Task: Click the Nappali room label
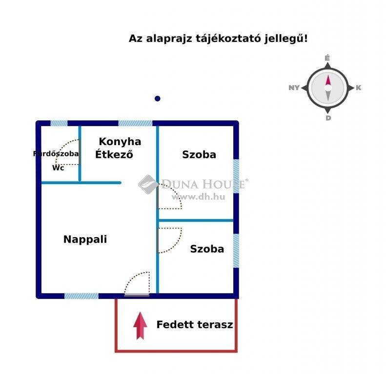(x=85, y=239)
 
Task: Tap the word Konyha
(x=120, y=142)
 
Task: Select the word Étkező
(x=114, y=154)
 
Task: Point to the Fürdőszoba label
(x=56, y=154)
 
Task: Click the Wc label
(x=58, y=168)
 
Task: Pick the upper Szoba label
(x=199, y=154)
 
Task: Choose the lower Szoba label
(x=207, y=249)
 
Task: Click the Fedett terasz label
(x=195, y=325)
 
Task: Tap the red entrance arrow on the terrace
(x=141, y=326)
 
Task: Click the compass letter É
(x=327, y=58)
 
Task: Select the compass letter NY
(x=294, y=88)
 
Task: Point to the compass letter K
(x=358, y=88)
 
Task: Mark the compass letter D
(x=328, y=118)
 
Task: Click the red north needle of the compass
(x=328, y=80)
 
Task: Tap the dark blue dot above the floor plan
(x=158, y=98)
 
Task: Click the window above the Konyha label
(x=135, y=123)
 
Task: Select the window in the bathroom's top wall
(x=59, y=123)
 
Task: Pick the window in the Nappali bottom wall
(x=81, y=296)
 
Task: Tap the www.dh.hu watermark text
(x=199, y=197)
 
